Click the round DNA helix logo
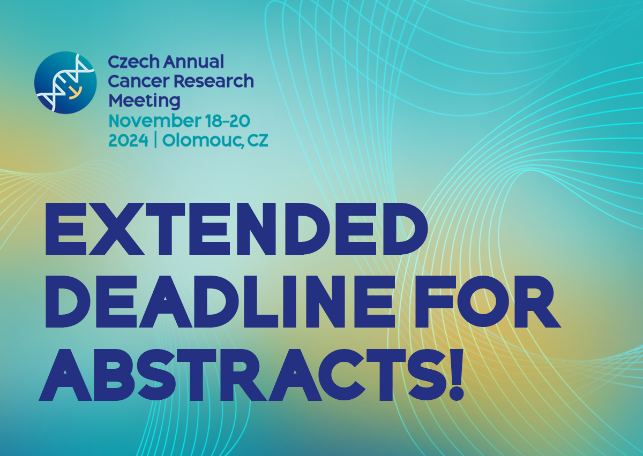(65, 82)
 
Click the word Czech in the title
(133, 62)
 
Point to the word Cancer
(139, 81)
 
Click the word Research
(214, 81)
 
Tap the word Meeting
(144, 102)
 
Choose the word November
(155, 121)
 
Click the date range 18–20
(228, 121)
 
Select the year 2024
(128, 141)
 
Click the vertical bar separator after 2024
(155, 141)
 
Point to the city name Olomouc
(202, 141)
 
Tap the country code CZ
(258, 141)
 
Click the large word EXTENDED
(236, 229)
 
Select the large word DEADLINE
(219, 302)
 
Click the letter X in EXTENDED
(116, 229)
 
